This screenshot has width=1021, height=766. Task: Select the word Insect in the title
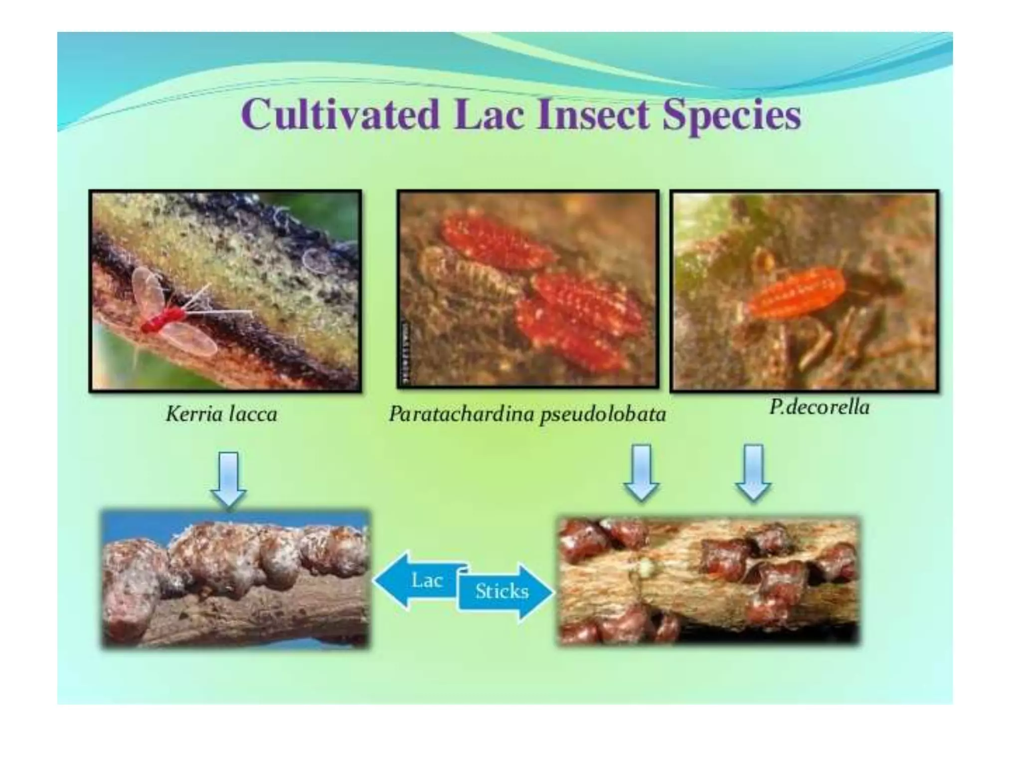593,115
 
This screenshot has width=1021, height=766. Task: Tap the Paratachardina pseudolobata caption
527,414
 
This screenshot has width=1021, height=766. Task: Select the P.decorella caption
819,407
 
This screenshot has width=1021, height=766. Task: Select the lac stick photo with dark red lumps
708,581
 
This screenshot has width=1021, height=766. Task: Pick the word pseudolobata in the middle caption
603,414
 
